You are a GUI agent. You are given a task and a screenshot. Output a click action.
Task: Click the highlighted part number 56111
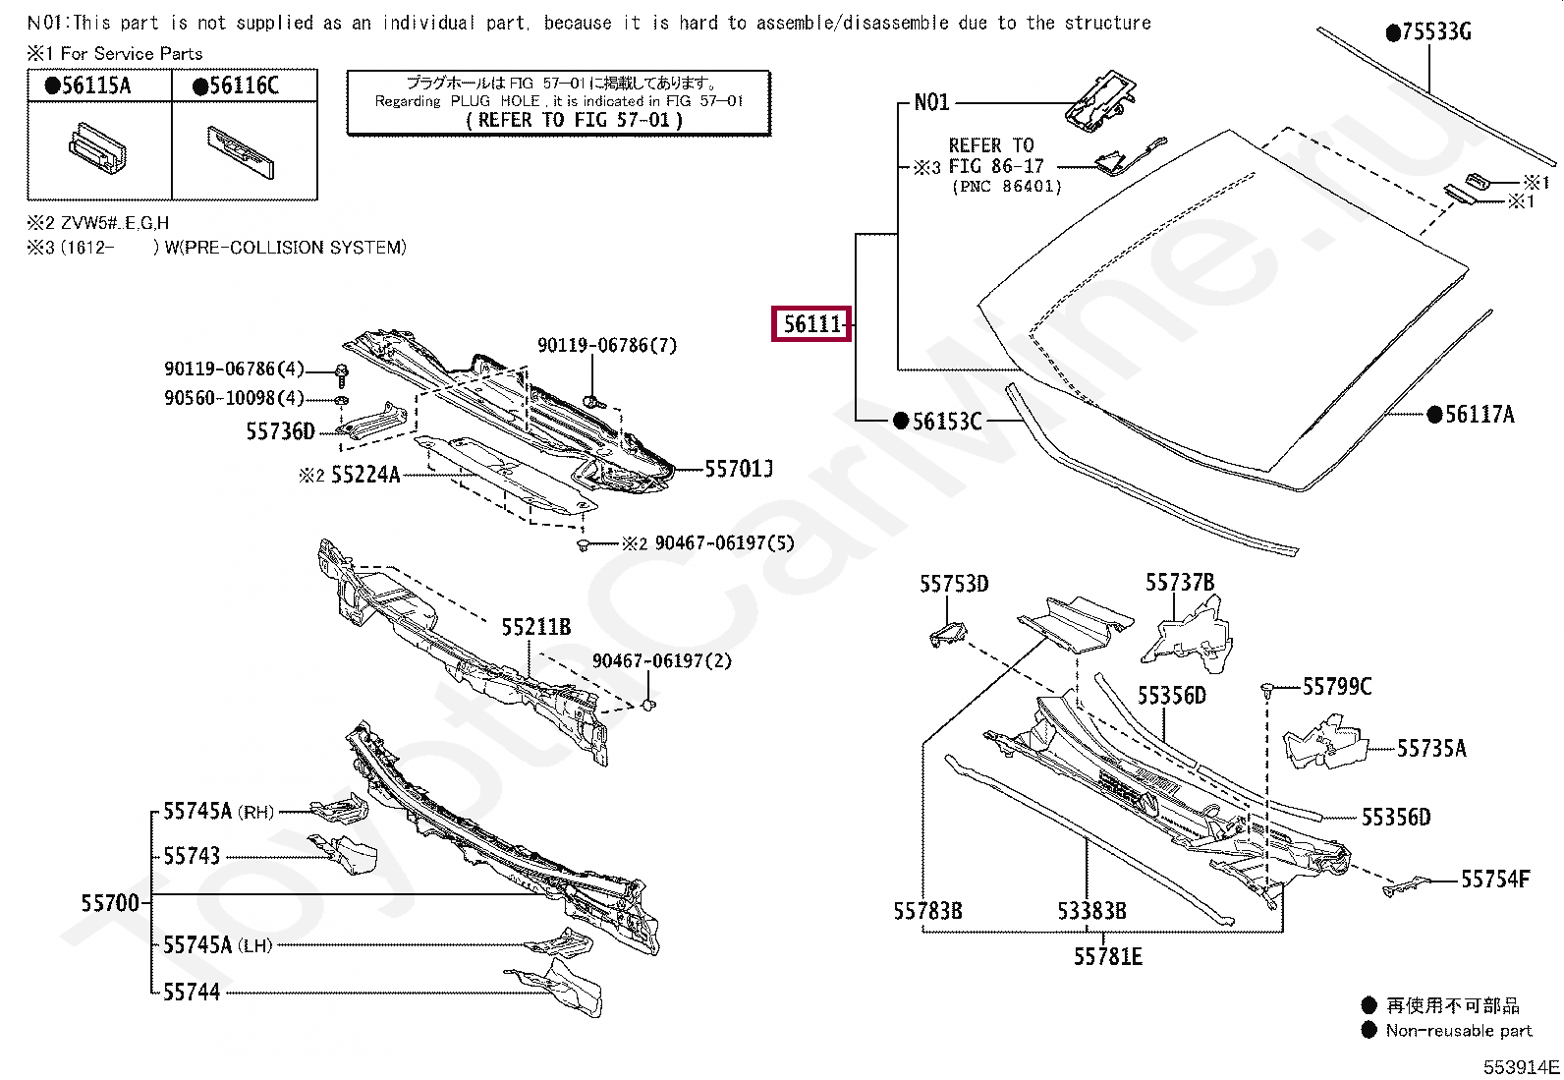click(x=812, y=323)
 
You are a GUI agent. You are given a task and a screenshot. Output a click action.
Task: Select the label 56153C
click(x=947, y=422)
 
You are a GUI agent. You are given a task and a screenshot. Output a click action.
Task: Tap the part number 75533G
click(x=1436, y=32)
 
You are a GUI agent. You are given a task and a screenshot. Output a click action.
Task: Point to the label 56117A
click(x=1480, y=415)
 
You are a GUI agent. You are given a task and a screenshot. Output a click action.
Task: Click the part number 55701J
click(x=739, y=469)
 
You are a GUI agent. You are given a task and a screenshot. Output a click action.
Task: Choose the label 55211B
click(x=535, y=627)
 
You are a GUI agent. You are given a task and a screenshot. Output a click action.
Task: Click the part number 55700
click(x=110, y=902)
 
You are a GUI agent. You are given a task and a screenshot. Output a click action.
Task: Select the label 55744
click(x=192, y=993)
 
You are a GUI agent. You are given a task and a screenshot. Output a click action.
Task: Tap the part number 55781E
click(x=1107, y=957)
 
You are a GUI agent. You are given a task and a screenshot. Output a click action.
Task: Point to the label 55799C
click(x=1337, y=686)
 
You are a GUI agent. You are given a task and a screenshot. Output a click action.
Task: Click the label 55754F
click(x=1495, y=879)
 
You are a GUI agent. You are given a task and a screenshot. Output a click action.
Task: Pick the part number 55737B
click(x=1179, y=583)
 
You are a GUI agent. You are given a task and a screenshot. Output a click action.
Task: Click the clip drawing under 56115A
click(x=97, y=147)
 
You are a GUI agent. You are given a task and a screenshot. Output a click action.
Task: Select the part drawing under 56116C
click(x=241, y=151)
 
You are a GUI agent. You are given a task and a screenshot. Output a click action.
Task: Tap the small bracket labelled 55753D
click(x=947, y=634)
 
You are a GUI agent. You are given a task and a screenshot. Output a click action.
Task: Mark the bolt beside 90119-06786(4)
click(x=341, y=373)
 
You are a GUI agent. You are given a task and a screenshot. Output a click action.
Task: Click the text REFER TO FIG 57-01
click(x=574, y=120)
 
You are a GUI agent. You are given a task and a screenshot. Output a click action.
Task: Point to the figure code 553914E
click(x=1521, y=1067)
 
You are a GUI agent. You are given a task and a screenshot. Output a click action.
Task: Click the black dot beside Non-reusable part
click(x=1369, y=1030)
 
